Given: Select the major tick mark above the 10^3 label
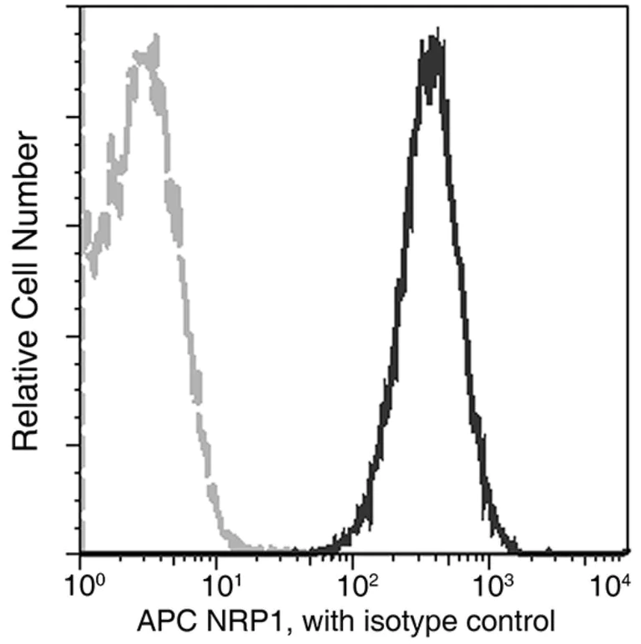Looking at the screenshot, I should coord(490,546).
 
